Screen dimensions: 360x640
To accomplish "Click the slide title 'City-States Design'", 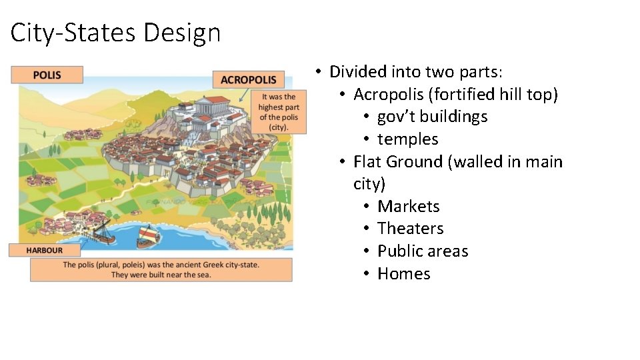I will (x=115, y=32).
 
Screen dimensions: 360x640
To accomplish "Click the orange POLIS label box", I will (x=47, y=75).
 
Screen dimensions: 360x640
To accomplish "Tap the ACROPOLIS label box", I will (x=247, y=79).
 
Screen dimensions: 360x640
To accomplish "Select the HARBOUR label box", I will (x=45, y=250).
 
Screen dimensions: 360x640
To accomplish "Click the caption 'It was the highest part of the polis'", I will (x=279, y=111).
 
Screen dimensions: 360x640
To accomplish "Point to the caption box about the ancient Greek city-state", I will (x=161, y=269).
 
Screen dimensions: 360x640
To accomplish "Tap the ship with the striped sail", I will (x=147, y=235).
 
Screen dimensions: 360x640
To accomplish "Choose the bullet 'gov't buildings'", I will (x=432, y=117).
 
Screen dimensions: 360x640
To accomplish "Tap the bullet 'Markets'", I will (x=408, y=206).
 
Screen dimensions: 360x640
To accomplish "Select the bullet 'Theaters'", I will (x=410, y=229).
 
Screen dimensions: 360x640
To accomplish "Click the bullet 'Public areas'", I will (x=423, y=251).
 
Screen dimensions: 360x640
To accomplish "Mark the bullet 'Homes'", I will (x=403, y=274).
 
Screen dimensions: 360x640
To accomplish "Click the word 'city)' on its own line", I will (x=369, y=183).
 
